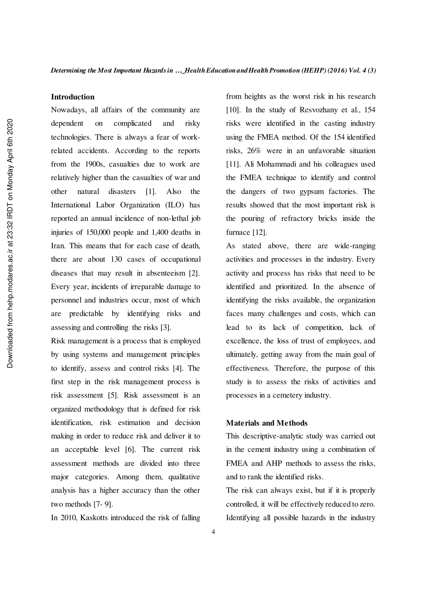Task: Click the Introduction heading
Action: click(73, 97)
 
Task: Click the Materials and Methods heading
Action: click(267, 423)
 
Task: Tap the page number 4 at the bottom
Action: click(213, 532)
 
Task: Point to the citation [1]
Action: click(151, 192)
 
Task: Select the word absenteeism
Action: click(163, 273)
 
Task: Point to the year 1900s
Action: click(95, 164)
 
